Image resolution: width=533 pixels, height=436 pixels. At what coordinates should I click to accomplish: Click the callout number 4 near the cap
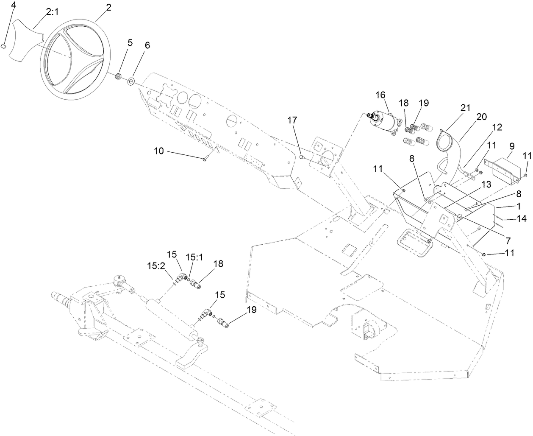[13, 6]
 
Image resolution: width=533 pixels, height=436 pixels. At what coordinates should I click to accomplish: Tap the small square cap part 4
[14, 46]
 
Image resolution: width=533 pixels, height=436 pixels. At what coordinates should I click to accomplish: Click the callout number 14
[521, 219]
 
